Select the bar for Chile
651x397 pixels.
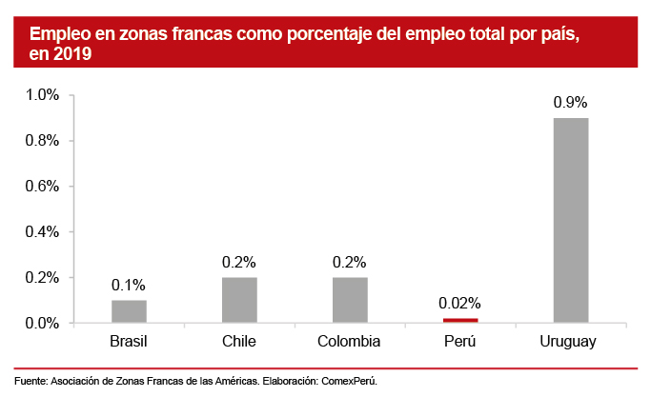pyautogui.click(x=238, y=300)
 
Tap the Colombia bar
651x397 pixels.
pyautogui.click(x=349, y=300)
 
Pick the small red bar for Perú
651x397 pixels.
pyautogui.click(x=459, y=321)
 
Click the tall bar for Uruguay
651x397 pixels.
pyautogui.click(x=570, y=220)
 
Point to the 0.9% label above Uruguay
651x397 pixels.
pyautogui.click(x=570, y=102)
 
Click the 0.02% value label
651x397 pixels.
pyautogui.click(x=459, y=304)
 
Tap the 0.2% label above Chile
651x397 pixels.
pyautogui.click(x=238, y=262)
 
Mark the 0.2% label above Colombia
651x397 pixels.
pyautogui.click(x=349, y=262)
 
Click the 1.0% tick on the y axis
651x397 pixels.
pyautogui.click(x=43, y=95)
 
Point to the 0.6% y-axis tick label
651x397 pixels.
pyautogui.click(x=43, y=187)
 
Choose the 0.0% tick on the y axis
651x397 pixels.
pyautogui.click(x=43, y=324)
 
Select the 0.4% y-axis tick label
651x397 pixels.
pyautogui.click(x=43, y=232)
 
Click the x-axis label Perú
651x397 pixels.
pyautogui.click(x=459, y=341)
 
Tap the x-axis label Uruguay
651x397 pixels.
pyautogui.click(x=570, y=341)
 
